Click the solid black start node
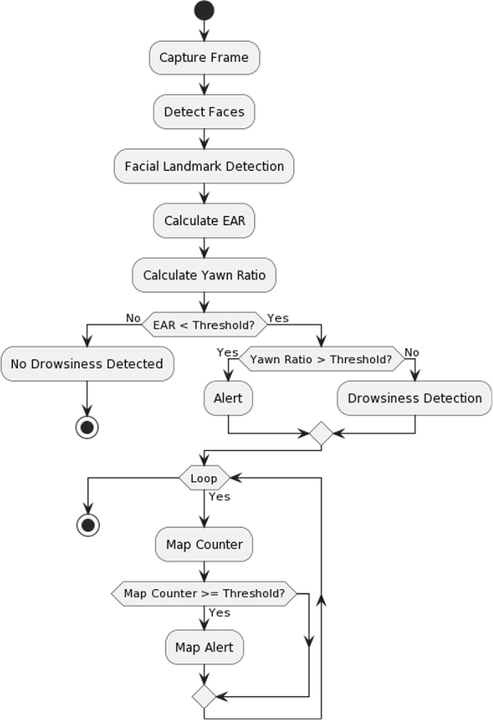tap(204, 11)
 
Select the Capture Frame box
tap(204, 58)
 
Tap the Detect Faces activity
tap(204, 111)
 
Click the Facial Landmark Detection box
tap(204, 166)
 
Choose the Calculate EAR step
tap(204, 221)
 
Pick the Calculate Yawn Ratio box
tap(204, 275)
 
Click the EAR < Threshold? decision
tap(204, 324)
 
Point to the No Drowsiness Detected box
tap(87, 364)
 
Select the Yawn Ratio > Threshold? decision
tap(321, 358)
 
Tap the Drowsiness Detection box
tap(415, 398)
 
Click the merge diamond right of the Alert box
tap(321, 434)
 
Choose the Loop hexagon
tap(204, 478)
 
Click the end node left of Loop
tap(87, 525)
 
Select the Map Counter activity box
tap(204, 544)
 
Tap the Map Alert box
tap(204, 647)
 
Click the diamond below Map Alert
tap(204, 696)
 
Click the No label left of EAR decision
tap(133, 318)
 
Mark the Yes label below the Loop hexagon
tap(220, 496)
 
